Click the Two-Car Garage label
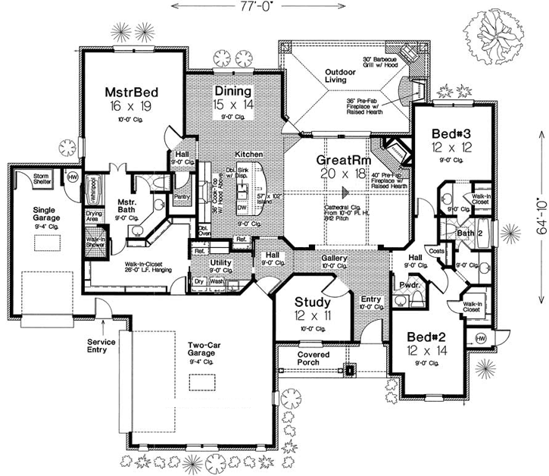[209, 348]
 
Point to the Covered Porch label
[313, 358]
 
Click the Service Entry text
[100, 346]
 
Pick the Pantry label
[181, 197]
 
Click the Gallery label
[333, 258]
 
